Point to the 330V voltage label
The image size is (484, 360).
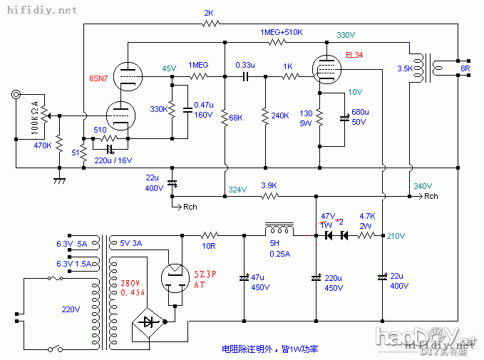point(346,34)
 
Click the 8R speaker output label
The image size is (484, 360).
point(465,68)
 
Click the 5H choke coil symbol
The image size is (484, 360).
point(279,229)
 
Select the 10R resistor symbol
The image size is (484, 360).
point(208,235)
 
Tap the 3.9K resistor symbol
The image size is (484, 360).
point(268,195)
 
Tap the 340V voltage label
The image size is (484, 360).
point(423,186)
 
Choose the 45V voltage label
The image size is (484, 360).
point(168,68)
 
